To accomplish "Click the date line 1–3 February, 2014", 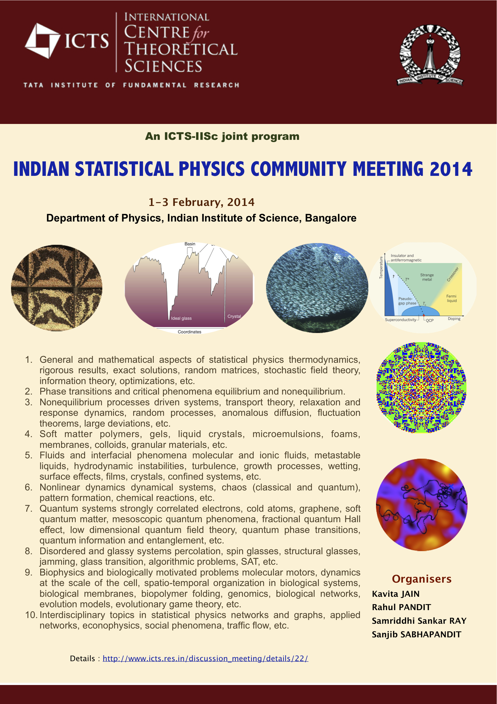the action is pos(201,202).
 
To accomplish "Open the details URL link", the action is pos(205,658).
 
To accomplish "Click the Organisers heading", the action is pos(422,579).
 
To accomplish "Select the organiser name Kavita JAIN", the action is pos(396,594).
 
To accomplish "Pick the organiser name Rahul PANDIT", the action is pos(402,607).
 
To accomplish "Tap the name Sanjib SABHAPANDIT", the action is pos(417,635).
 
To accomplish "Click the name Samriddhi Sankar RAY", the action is pos(419,621).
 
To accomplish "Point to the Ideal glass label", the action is pos(181,318).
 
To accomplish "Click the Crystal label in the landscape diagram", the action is pos(234,316).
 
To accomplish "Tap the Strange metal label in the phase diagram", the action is pos(427,277).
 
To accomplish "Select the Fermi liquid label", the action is pos(451,298).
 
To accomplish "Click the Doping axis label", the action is pos(454,319).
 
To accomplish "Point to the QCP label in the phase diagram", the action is pos(430,321).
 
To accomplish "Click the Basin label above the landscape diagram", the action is pos(190,244).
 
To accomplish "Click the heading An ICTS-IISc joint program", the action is pos(222,136).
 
